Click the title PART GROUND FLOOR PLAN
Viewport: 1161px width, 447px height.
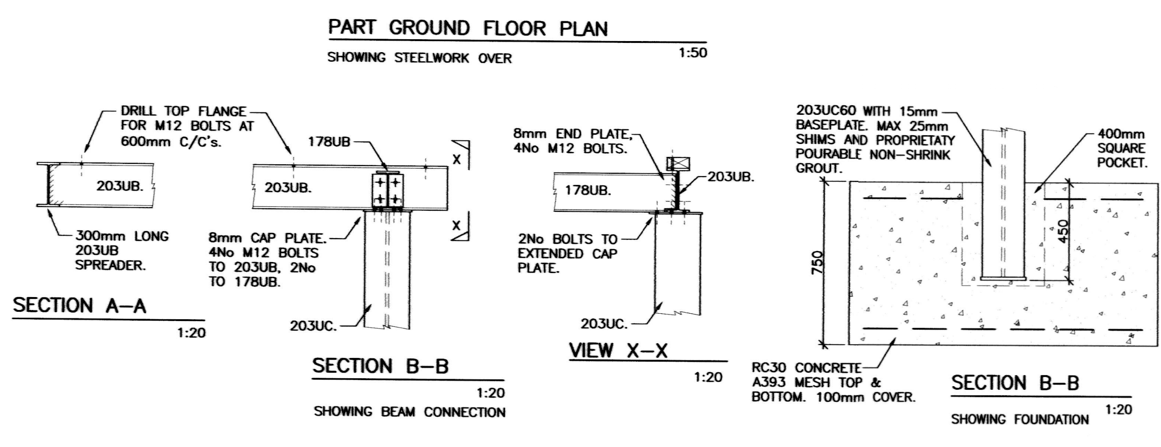pos(468,28)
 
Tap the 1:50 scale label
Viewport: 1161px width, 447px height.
pos(693,53)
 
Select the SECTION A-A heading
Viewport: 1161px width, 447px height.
pos(79,305)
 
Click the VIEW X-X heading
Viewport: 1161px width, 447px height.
pos(618,351)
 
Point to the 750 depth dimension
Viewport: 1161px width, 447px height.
pos(817,262)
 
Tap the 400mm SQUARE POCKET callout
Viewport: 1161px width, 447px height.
pos(1122,149)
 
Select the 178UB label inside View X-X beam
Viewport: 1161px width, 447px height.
pos(588,190)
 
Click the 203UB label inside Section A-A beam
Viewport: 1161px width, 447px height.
pos(120,186)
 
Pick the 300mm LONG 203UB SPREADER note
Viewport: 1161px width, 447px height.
pos(122,251)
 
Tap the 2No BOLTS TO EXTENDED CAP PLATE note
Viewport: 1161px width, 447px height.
pos(567,253)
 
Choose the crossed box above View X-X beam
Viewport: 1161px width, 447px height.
pos(678,163)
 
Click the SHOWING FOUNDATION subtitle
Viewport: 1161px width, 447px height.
pos(1020,419)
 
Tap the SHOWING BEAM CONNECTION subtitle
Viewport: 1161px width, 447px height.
pos(410,411)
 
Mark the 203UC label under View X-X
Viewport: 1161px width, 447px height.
pos(604,324)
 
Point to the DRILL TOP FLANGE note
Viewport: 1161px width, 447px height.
pos(187,126)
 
